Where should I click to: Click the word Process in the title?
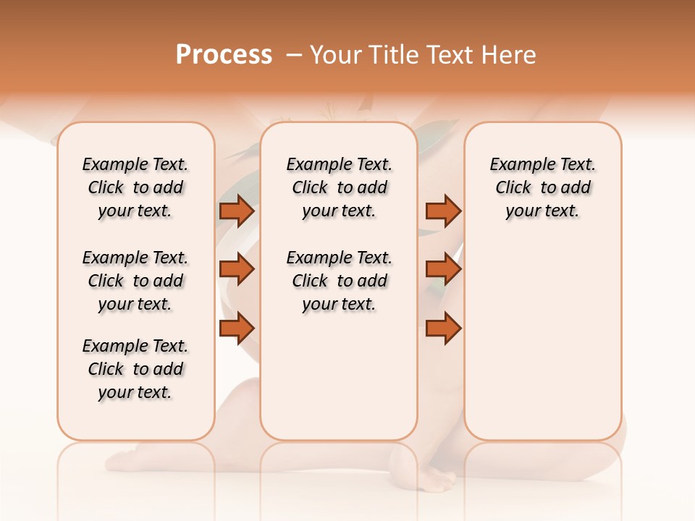click(x=224, y=55)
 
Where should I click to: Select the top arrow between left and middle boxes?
click(x=237, y=211)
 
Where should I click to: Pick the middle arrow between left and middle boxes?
click(x=237, y=269)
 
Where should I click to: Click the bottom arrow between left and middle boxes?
click(x=237, y=328)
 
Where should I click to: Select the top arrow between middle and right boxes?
click(x=443, y=211)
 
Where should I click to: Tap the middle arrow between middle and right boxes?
click(x=443, y=269)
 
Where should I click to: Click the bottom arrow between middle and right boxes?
click(x=443, y=328)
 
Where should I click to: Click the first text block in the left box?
click(x=135, y=187)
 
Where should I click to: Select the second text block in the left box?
click(x=135, y=281)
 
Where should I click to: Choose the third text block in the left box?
click(x=135, y=369)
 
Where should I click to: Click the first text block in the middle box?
click(x=339, y=187)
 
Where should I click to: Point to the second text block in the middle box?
click(x=339, y=281)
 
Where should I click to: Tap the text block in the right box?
click(x=542, y=187)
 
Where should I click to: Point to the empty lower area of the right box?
click(x=542, y=340)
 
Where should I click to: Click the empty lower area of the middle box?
click(x=339, y=376)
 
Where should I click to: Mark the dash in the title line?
click(x=294, y=55)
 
